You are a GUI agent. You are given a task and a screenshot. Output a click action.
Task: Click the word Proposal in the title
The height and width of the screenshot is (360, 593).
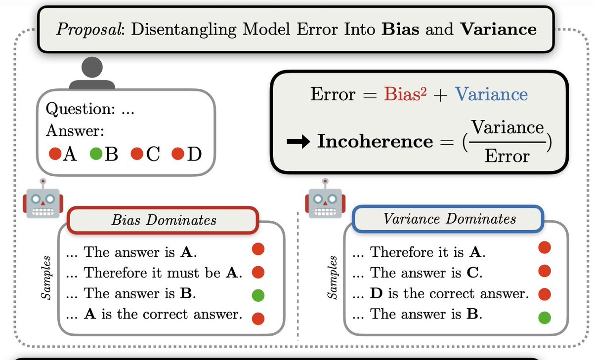click(x=89, y=30)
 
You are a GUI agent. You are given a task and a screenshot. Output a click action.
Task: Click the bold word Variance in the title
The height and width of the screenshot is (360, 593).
click(x=498, y=30)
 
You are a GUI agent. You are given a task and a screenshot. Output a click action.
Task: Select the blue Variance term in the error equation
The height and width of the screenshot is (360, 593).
click(x=491, y=94)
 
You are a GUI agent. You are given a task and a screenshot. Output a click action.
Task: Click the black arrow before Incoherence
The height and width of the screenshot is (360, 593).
click(x=298, y=142)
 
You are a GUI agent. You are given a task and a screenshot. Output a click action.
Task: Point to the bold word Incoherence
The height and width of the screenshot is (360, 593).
click(x=375, y=142)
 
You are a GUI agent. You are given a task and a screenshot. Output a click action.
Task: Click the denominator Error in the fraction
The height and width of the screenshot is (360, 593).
click(x=507, y=157)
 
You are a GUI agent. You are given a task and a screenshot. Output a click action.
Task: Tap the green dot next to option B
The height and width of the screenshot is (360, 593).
click(x=95, y=155)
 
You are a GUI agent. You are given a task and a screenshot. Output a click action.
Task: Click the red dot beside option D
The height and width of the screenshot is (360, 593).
click(x=178, y=155)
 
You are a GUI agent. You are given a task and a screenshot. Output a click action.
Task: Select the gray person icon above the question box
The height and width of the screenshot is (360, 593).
click(x=89, y=74)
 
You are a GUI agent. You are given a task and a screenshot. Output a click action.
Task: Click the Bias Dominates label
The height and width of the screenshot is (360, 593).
click(x=164, y=220)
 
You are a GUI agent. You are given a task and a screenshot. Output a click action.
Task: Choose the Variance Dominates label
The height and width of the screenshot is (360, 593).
click(x=449, y=219)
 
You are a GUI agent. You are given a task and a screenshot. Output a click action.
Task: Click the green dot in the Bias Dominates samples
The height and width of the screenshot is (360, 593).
click(x=258, y=295)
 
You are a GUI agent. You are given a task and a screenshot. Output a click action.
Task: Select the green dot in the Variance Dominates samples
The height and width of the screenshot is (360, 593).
click(x=544, y=317)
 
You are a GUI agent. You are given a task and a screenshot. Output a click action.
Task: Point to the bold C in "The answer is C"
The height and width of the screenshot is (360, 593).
click(x=474, y=273)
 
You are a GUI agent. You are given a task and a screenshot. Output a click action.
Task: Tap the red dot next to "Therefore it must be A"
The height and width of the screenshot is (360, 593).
click(x=258, y=273)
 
